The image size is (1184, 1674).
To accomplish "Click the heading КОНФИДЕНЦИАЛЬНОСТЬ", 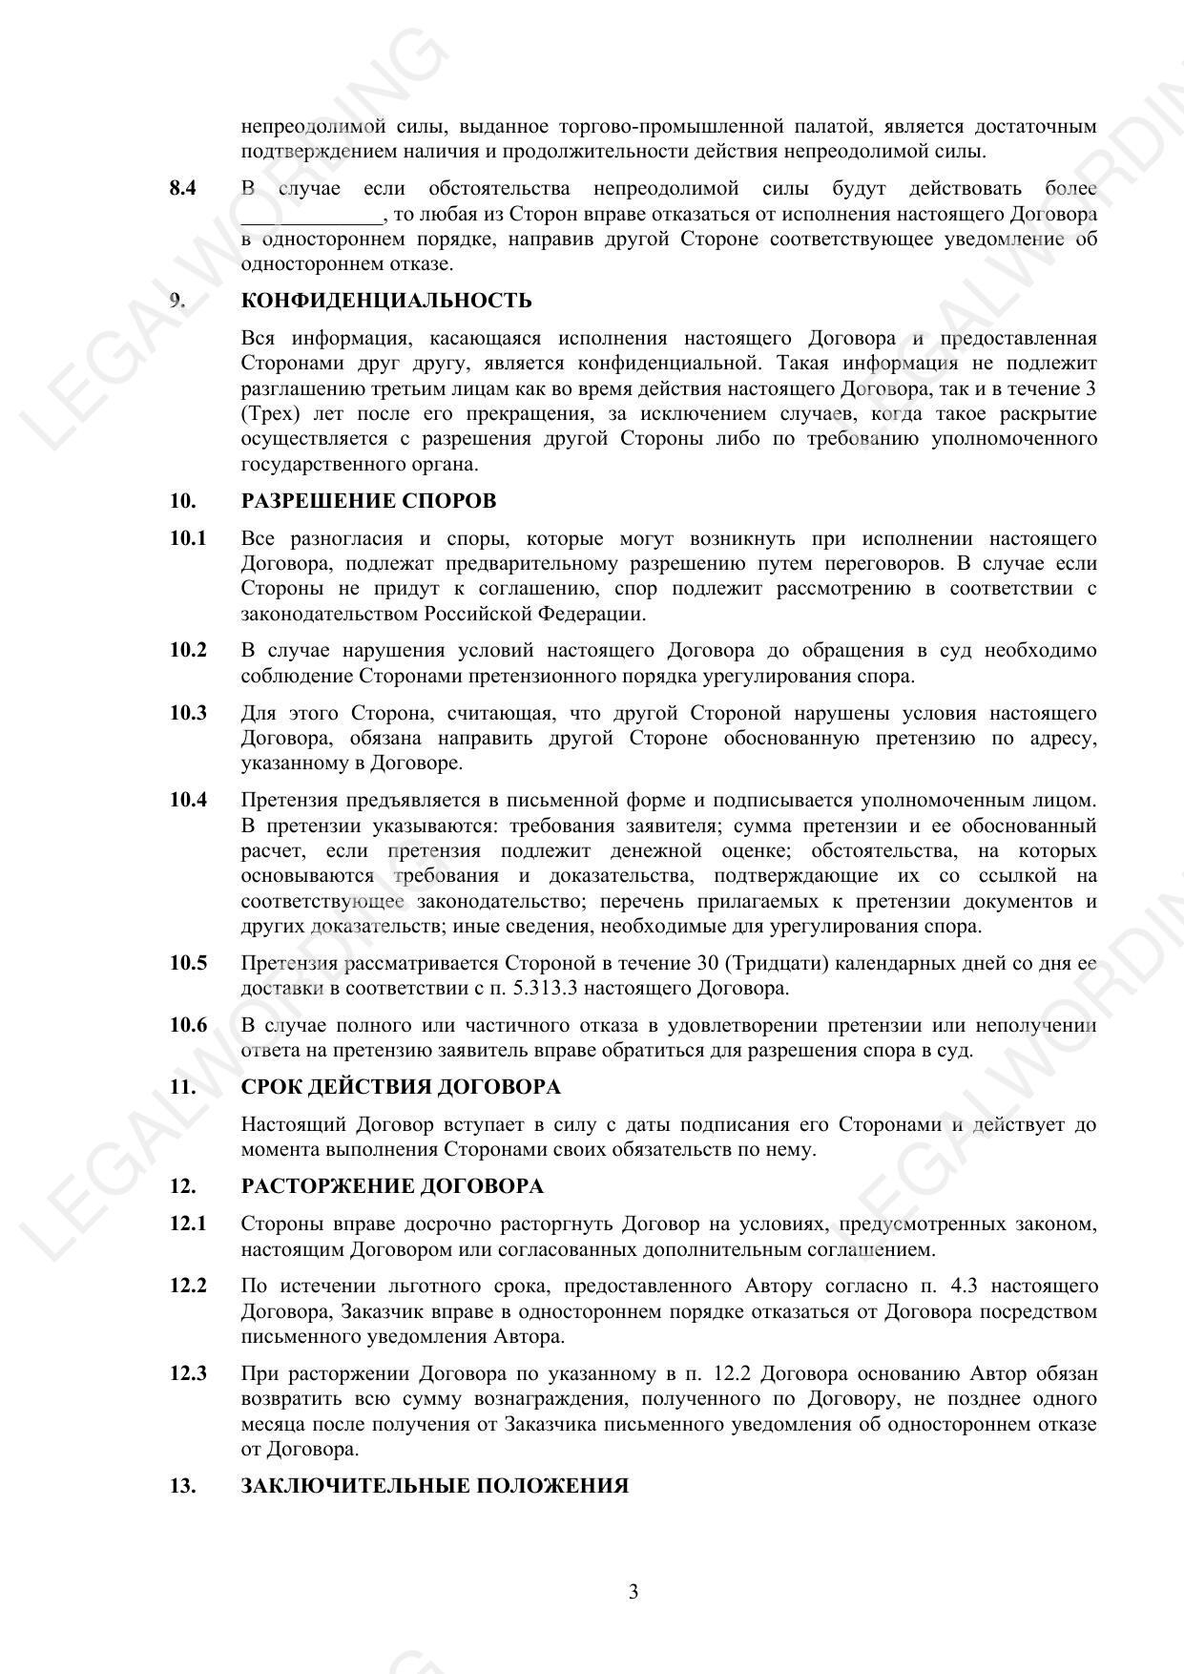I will tap(386, 301).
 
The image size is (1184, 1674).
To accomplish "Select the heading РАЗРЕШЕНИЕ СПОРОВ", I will tap(368, 501).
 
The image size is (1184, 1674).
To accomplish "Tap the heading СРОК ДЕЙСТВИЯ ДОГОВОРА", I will tap(401, 1087).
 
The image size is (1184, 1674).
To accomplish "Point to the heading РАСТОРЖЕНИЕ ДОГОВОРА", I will tap(392, 1186).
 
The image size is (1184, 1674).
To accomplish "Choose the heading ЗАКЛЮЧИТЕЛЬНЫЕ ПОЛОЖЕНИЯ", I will tap(434, 1486).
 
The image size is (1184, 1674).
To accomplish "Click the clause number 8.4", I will tap(183, 188).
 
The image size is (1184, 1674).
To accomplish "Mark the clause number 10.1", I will tap(188, 538).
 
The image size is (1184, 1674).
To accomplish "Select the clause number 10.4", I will tap(188, 800).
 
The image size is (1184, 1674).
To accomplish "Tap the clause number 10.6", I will tap(188, 1025).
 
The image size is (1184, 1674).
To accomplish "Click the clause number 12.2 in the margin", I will tap(188, 1286).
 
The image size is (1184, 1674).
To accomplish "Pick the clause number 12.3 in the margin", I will tap(188, 1373).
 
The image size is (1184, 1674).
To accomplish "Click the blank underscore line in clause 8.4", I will tap(311, 215).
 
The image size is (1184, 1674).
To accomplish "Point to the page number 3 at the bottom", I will tap(634, 1592).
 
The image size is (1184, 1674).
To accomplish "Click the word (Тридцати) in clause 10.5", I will tap(779, 963).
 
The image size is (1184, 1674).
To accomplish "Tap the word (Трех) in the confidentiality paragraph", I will tap(269, 414).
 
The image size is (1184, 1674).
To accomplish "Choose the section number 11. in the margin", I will tap(182, 1087).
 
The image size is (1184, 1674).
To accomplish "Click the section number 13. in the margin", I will tap(182, 1486).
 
